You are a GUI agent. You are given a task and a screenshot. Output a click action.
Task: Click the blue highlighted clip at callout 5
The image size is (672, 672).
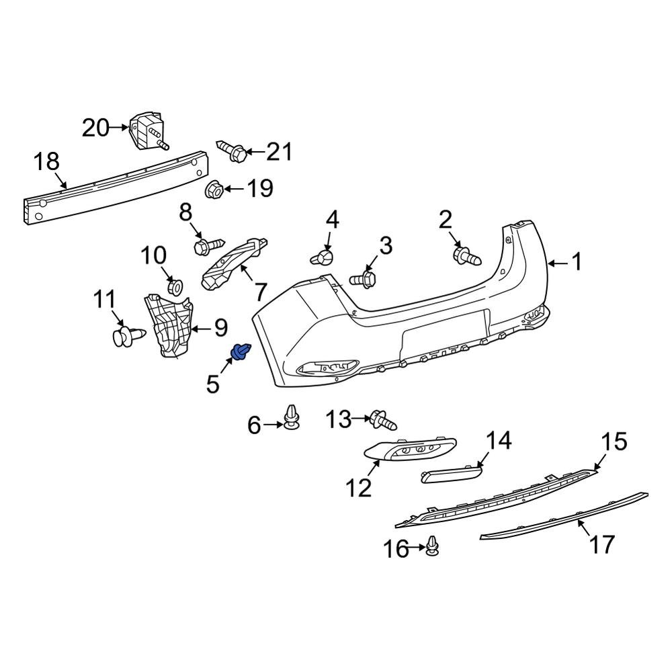[241, 351]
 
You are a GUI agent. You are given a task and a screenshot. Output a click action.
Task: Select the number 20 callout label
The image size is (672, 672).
[95, 127]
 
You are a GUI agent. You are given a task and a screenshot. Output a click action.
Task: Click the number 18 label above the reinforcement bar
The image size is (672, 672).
[47, 162]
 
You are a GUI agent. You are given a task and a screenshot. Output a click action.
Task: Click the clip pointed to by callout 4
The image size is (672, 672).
[323, 257]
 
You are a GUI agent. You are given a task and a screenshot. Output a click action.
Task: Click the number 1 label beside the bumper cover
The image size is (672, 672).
[577, 262]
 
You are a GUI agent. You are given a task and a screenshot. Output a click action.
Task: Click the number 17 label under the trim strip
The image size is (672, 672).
[601, 544]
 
